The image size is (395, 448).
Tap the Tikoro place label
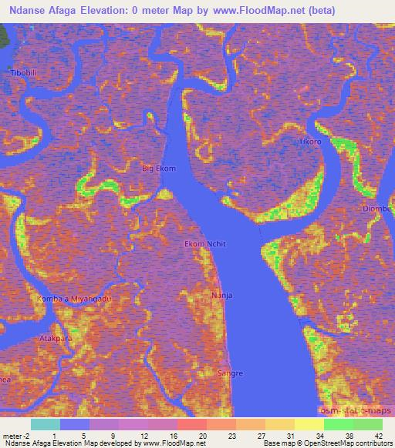coord(312,142)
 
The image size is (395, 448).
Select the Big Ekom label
coord(159,168)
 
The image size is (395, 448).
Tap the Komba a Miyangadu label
coord(75,298)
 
